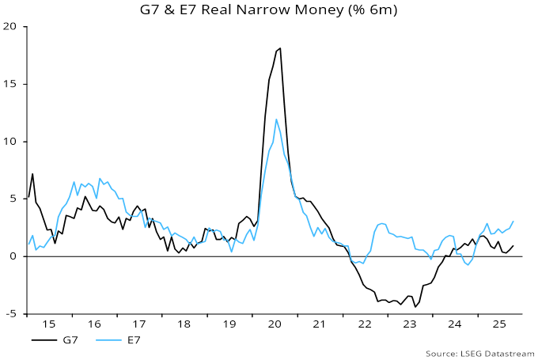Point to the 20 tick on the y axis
click(x=11, y=26)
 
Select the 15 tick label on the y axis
click(x=11, y=84)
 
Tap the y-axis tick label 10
click(x=11, y=142)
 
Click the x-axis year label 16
click(x=95, y=324)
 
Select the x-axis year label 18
click(x=185, y=324)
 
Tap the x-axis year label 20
click(x=275, y=324)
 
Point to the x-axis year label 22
click(x=366, y=324)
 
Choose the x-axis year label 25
click(x=501, y=324)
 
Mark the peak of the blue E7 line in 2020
click(x=276, y=119)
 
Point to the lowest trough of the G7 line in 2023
click(x=415, y=307)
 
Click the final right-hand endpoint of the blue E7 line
click(x=513, y=222)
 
